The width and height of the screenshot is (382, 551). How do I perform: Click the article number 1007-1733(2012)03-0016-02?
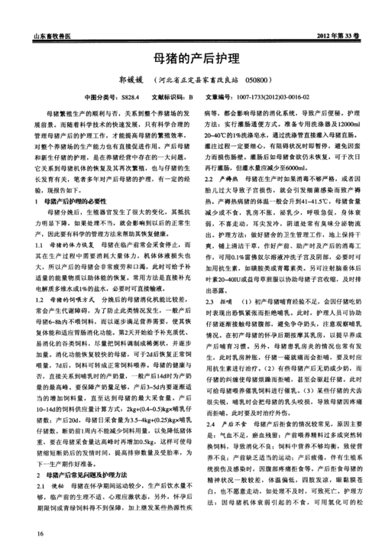point(283,98)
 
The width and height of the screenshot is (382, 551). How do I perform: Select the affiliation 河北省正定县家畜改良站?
point(201,79)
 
